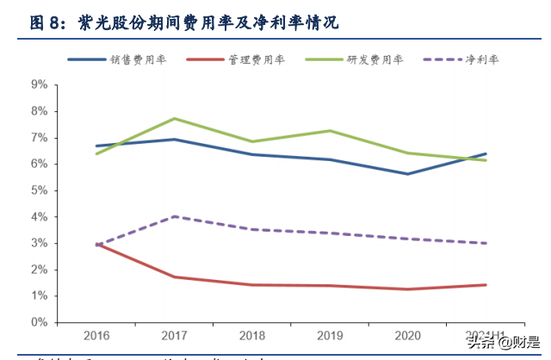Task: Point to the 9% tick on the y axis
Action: [39, 84]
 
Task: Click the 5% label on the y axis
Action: [39, 190]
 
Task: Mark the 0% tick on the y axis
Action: [39, 322]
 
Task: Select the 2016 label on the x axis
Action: [96, 336]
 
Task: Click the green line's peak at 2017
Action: [175, 118]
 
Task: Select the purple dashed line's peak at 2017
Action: [175, 216]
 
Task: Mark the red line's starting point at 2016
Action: [96, 244]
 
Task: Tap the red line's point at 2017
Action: [175, 276]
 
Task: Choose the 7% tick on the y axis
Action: [39, 138]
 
